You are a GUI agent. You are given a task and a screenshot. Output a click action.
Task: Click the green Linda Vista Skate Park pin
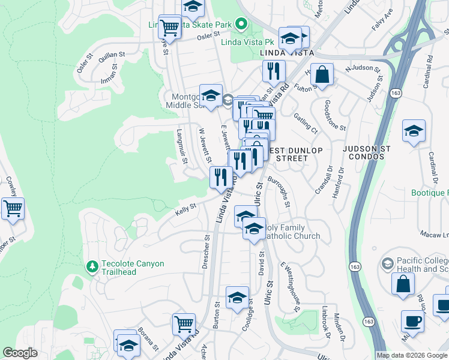241,25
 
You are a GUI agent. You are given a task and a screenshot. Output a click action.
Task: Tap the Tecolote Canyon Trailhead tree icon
92,265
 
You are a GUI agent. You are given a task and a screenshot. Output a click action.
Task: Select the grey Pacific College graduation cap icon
387,263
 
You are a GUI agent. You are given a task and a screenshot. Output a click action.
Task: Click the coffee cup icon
412,321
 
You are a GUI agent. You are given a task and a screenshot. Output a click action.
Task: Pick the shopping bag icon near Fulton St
322,75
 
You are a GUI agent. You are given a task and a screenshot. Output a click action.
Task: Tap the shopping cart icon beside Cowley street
13,209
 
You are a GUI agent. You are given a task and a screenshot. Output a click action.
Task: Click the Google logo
20,353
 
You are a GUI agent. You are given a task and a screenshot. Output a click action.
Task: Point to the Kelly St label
185,208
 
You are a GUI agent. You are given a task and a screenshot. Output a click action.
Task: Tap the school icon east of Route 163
414,131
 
